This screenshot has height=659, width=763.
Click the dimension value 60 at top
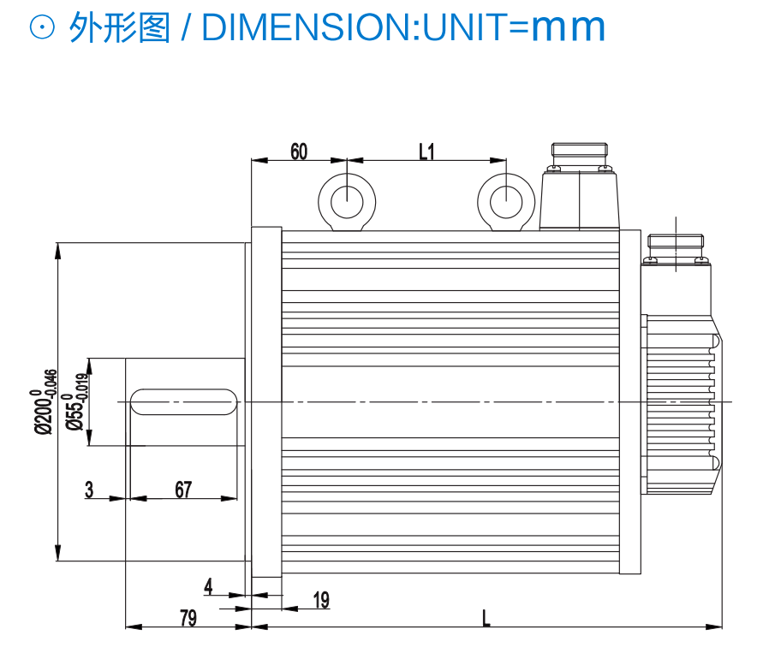tap(299, 151)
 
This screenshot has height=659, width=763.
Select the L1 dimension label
tap(426, 151)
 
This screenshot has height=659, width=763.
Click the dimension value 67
tap(183, 490)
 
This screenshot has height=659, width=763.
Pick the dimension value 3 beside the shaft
tap(89, 490)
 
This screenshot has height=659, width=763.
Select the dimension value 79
tap(188, 618)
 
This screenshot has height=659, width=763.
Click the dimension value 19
tap(321, 600)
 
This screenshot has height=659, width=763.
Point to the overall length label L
tap(486, 618)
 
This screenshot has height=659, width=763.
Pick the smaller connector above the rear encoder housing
tap(677, 252)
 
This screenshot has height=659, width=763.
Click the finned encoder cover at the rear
tap(681, 402)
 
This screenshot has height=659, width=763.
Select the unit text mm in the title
tap(568, 29)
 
